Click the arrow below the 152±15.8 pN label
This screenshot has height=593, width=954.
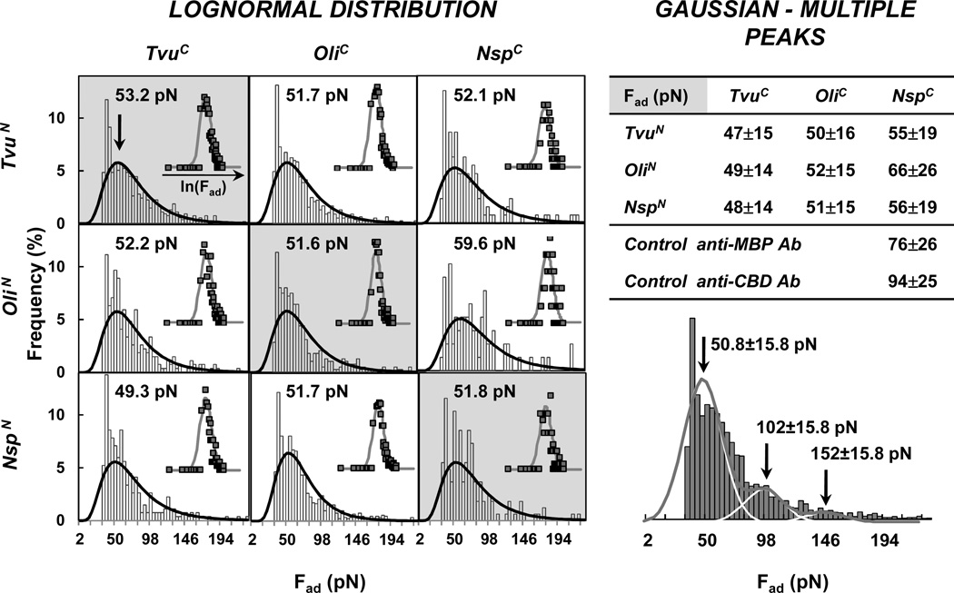(x=826, y=491)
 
